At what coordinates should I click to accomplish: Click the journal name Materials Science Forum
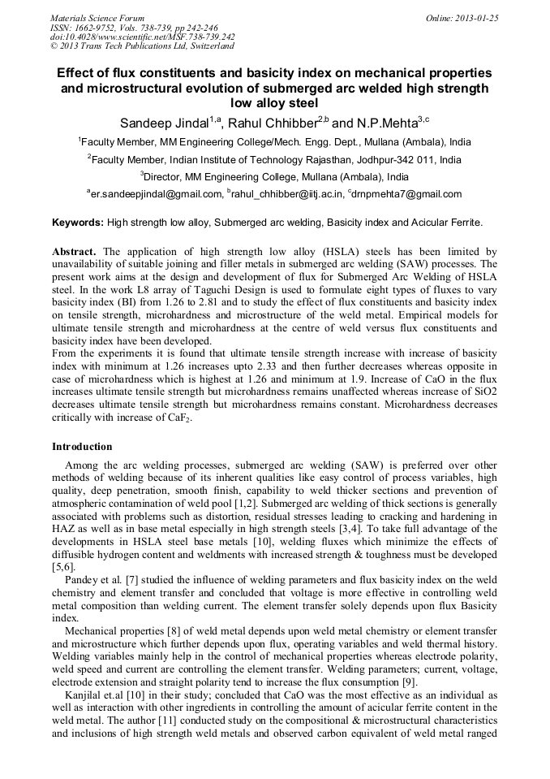[x=97, y=17]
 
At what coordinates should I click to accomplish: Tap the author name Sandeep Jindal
[x=165, y=123]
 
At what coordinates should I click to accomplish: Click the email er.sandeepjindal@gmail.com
[x=157, y=194]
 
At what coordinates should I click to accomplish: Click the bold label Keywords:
[x=78, y=223]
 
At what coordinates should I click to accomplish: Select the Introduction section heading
[x=82, y=447]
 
